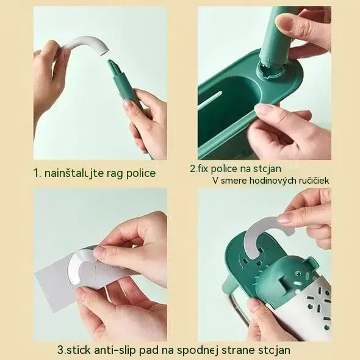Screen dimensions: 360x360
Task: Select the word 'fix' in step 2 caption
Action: click(x=203, y=168)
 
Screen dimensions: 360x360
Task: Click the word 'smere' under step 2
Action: click(x=234, y=181)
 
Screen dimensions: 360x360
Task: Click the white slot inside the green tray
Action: click(x=210, y=100)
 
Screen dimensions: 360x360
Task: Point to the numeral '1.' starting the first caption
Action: click(x=37, y=173)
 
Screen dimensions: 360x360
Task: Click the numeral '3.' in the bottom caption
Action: click(x=62, y=350)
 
